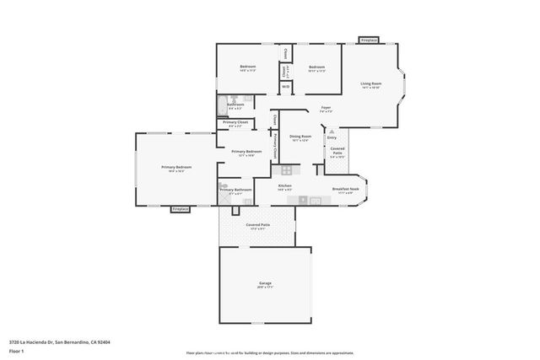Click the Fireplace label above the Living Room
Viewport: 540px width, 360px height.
369,40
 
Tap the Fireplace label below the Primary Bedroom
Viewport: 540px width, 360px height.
181,208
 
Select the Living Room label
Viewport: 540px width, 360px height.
371,83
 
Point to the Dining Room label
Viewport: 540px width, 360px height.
300,137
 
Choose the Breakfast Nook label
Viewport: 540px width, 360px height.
345,189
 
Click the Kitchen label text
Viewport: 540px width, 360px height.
285,185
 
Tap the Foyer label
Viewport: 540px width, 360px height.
325,108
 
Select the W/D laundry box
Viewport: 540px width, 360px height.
285,86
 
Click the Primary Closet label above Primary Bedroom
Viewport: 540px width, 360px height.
235,122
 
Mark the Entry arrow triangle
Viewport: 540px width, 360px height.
332,132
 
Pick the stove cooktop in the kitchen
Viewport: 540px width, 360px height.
286,169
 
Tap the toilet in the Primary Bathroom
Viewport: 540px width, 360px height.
224,185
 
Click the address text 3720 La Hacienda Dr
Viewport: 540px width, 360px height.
59,341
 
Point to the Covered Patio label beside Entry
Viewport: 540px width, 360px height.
337,151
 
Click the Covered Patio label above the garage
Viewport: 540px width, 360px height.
257,225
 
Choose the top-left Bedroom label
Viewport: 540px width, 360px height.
247,67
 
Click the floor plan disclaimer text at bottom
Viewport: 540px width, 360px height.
270,351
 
